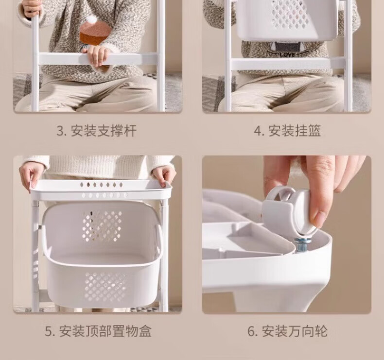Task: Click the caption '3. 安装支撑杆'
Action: pyautogui.click(x=97, y=131)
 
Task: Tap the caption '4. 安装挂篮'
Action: pyautogui.click(x=287, y=131)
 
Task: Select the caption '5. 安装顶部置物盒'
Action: pyautogui.click(x=98, y=331)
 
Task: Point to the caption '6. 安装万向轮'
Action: pyautogui.click(x=287, y=331)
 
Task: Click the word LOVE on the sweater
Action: pyautogui.click(x=287, y=55)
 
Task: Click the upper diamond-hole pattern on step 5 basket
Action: pyautogui.click(x=102, y=225)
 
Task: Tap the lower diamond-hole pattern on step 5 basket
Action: pyautogui.click(x=105, y=286)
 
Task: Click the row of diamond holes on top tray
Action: pyautogui.click(x=102, y=185)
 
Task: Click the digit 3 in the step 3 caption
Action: pyautogui.click(x=60, y=131)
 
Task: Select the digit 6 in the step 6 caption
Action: pyautogui.click(x=251, y=331)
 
